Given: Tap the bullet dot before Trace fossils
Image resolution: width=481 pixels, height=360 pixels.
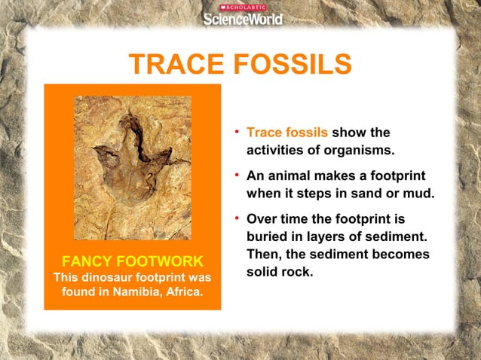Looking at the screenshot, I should coord(237,133).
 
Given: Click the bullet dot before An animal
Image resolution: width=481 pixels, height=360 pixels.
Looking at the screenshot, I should coord(237,176).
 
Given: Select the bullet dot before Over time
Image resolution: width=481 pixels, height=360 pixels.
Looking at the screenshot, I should coord(237,220).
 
